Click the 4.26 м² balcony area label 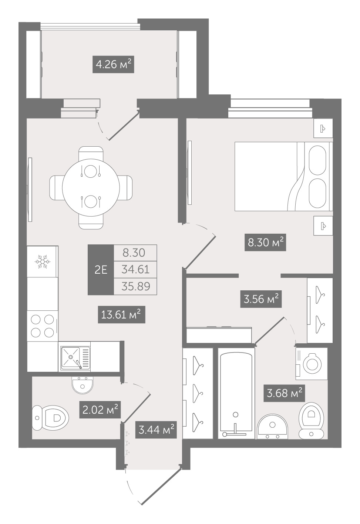(x=113, y=64)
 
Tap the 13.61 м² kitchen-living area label (x=122, y=315)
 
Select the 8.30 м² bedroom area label (x=265, y=243)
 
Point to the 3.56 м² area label (x=261, y=299)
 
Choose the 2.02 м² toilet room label (x=100, y=409)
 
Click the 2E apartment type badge (x=101, y=270)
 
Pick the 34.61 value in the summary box (x=135, y=270)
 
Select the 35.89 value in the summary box (x=136, y=286)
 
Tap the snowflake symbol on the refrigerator (x=42, y=261)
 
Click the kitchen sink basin (x=70, y=357)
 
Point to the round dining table (x=91, y=188)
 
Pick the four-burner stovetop (x=43, y=326)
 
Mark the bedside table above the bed (x=323, y=128)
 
